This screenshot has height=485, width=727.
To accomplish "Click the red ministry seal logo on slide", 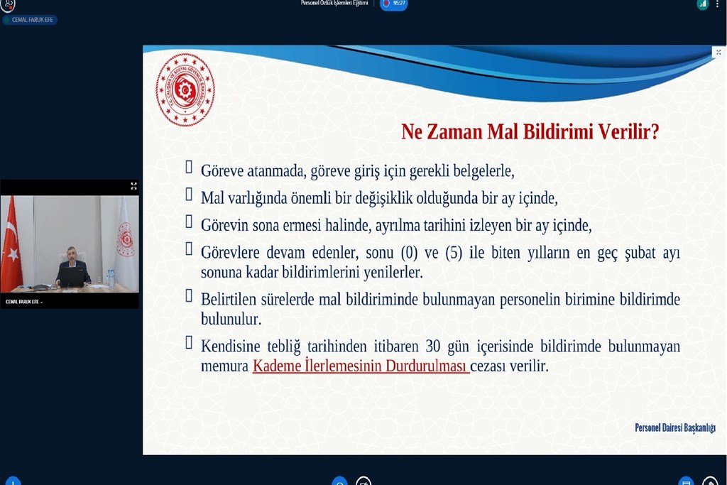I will click(x=185, y=89).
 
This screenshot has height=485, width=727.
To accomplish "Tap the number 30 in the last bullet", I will click(x=433, y=347).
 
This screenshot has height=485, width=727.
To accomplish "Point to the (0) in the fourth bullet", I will click(x=408, y=253).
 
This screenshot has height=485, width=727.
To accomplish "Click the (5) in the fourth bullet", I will click(x=454, y=253).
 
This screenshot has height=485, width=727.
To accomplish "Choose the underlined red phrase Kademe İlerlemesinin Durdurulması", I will click(x=361, y=366).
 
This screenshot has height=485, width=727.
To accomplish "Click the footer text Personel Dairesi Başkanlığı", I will click(x=674, y=427).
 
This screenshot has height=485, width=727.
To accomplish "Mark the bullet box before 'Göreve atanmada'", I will click(x=189, y=167).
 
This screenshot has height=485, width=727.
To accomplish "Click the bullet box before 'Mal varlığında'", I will click(x=189, y=194).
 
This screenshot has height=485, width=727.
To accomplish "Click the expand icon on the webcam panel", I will click(x=133, y=186).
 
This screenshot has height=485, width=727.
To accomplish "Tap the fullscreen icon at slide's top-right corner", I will click(x=718, y=52).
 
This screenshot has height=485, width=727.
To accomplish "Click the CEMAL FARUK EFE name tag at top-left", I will click(x=32, y=20).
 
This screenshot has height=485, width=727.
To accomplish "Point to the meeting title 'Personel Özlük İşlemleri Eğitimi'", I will click(x=334, y=4).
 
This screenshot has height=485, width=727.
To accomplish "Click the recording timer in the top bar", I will click(x=395, y=4).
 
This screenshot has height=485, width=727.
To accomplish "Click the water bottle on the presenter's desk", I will click(x=111, y=278).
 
